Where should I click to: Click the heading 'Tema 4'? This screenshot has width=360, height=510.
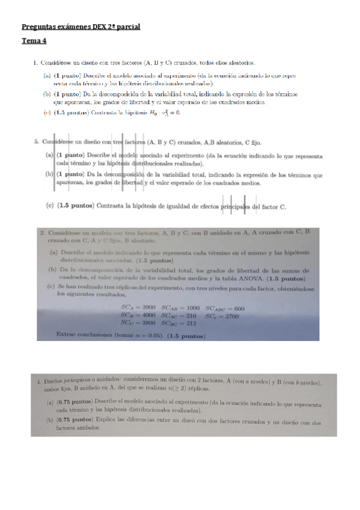click(34, 41)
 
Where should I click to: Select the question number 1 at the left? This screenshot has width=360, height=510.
click(36, 62)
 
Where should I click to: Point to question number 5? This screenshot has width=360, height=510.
click(37, 142)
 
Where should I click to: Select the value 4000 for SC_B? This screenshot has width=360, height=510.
click(147, 315)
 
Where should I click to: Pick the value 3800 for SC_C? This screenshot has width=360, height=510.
click(147, 322)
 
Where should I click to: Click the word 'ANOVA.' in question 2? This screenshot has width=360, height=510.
click(251, 278)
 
